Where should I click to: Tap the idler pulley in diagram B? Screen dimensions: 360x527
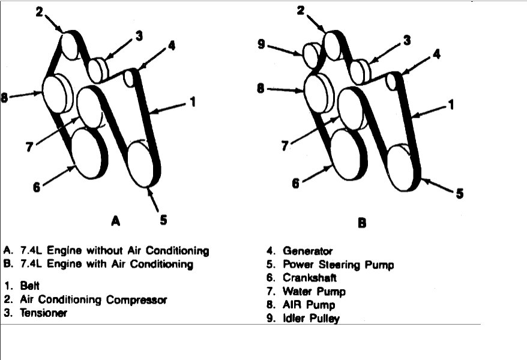[x=312, y=55]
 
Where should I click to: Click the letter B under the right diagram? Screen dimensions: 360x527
[x=362, y=223]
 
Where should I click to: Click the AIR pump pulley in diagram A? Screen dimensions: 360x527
[x=58, y=93]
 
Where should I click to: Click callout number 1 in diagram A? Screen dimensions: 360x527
[x=193, y=103]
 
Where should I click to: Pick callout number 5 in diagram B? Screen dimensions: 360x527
[x=460, y=193]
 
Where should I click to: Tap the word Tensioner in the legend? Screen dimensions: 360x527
[x=44, y=313]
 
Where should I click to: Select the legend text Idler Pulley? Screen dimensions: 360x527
[x=312, y=319]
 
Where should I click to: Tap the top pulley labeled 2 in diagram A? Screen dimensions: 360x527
[x=71, y=45]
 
